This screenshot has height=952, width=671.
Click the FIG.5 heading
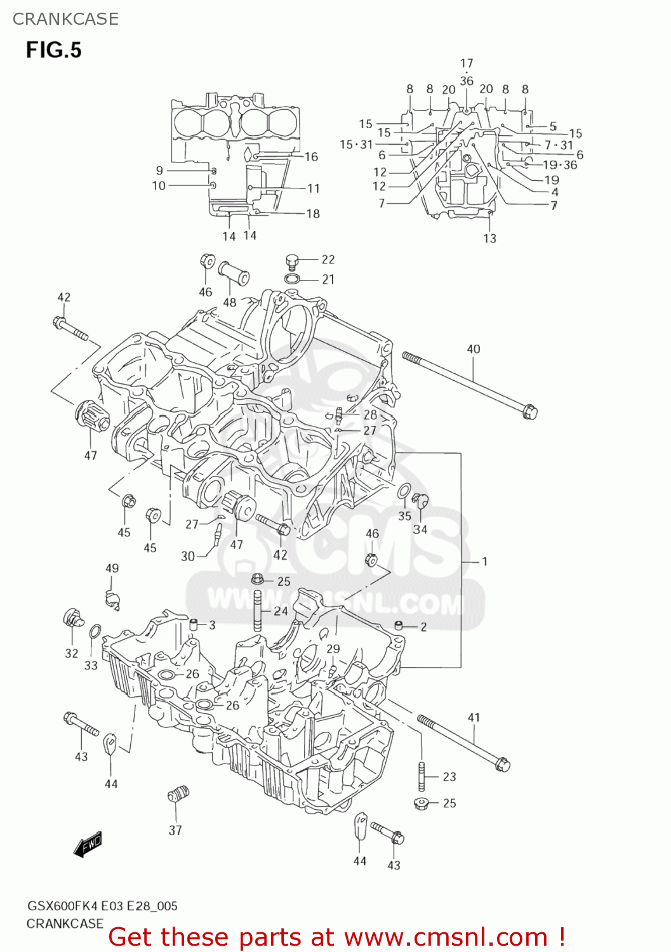coord(53,50)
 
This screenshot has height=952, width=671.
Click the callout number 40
coord(474,348)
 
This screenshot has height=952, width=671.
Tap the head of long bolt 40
coord(529,411)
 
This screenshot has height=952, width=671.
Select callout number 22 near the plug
coord(328,259)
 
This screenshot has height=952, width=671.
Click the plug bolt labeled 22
coord(292,260)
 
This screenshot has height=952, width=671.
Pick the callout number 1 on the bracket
coord(484,561)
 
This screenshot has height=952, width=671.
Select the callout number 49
coord(112,568)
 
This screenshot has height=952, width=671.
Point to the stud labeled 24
coord(258,611)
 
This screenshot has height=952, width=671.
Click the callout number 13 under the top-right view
coord(489,238)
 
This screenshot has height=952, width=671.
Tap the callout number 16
coord(311,157)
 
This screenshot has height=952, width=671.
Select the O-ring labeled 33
coord(94,632)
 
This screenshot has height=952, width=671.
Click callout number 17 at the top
coord(467,63)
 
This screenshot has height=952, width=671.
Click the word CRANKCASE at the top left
coord(65,19)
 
